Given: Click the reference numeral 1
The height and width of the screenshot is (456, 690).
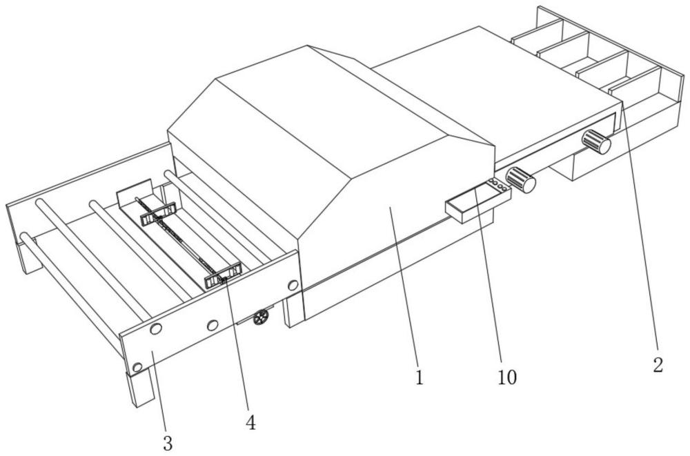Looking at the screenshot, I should point(420,378).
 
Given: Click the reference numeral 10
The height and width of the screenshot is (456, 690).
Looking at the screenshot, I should point(508,377).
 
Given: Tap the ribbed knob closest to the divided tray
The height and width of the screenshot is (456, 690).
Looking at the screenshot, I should point(597,141).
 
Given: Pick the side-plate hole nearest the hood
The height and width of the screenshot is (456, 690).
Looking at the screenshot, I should point(293,284).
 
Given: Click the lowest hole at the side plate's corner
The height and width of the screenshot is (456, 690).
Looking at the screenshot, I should point(137,365).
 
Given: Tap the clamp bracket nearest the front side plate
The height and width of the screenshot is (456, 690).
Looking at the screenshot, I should point(222,275).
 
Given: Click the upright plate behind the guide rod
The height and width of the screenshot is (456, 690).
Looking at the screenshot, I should point(133,195).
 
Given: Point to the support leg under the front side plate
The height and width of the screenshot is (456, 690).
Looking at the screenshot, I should point(141,390).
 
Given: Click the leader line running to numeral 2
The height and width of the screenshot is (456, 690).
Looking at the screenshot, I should point(640,235).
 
